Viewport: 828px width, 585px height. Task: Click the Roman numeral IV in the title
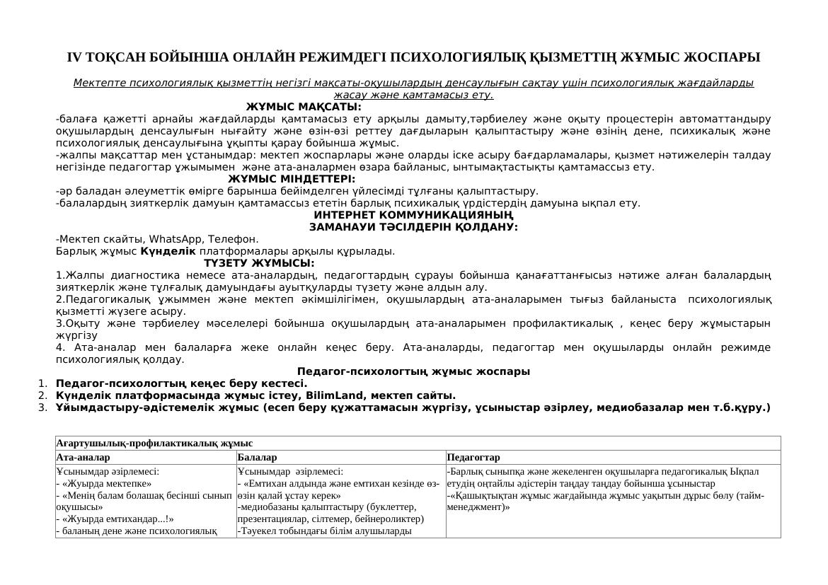(x=74, y=57)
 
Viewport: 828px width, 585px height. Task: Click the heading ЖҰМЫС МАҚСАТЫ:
(x=304, y=107)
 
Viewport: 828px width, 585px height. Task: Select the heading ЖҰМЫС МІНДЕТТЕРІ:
(x=292, y=179)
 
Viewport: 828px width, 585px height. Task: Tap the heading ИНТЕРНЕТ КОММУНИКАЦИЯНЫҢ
(x=413, y=215)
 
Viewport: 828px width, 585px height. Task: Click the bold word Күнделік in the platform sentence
(x=168, y=251)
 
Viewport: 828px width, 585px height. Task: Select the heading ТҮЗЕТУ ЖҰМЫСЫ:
(x=259, y=263)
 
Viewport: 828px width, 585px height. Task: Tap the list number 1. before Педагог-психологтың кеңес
(x=43, y=383)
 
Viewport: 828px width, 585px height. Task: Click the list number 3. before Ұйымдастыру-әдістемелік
(x=43, y=407)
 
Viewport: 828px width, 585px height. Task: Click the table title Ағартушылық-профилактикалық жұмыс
(x=154, y=444)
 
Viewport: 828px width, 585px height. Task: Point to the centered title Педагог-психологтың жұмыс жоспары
(x=413, y=371)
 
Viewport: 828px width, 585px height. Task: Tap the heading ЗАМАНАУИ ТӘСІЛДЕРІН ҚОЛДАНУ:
(x=413, y=227)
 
